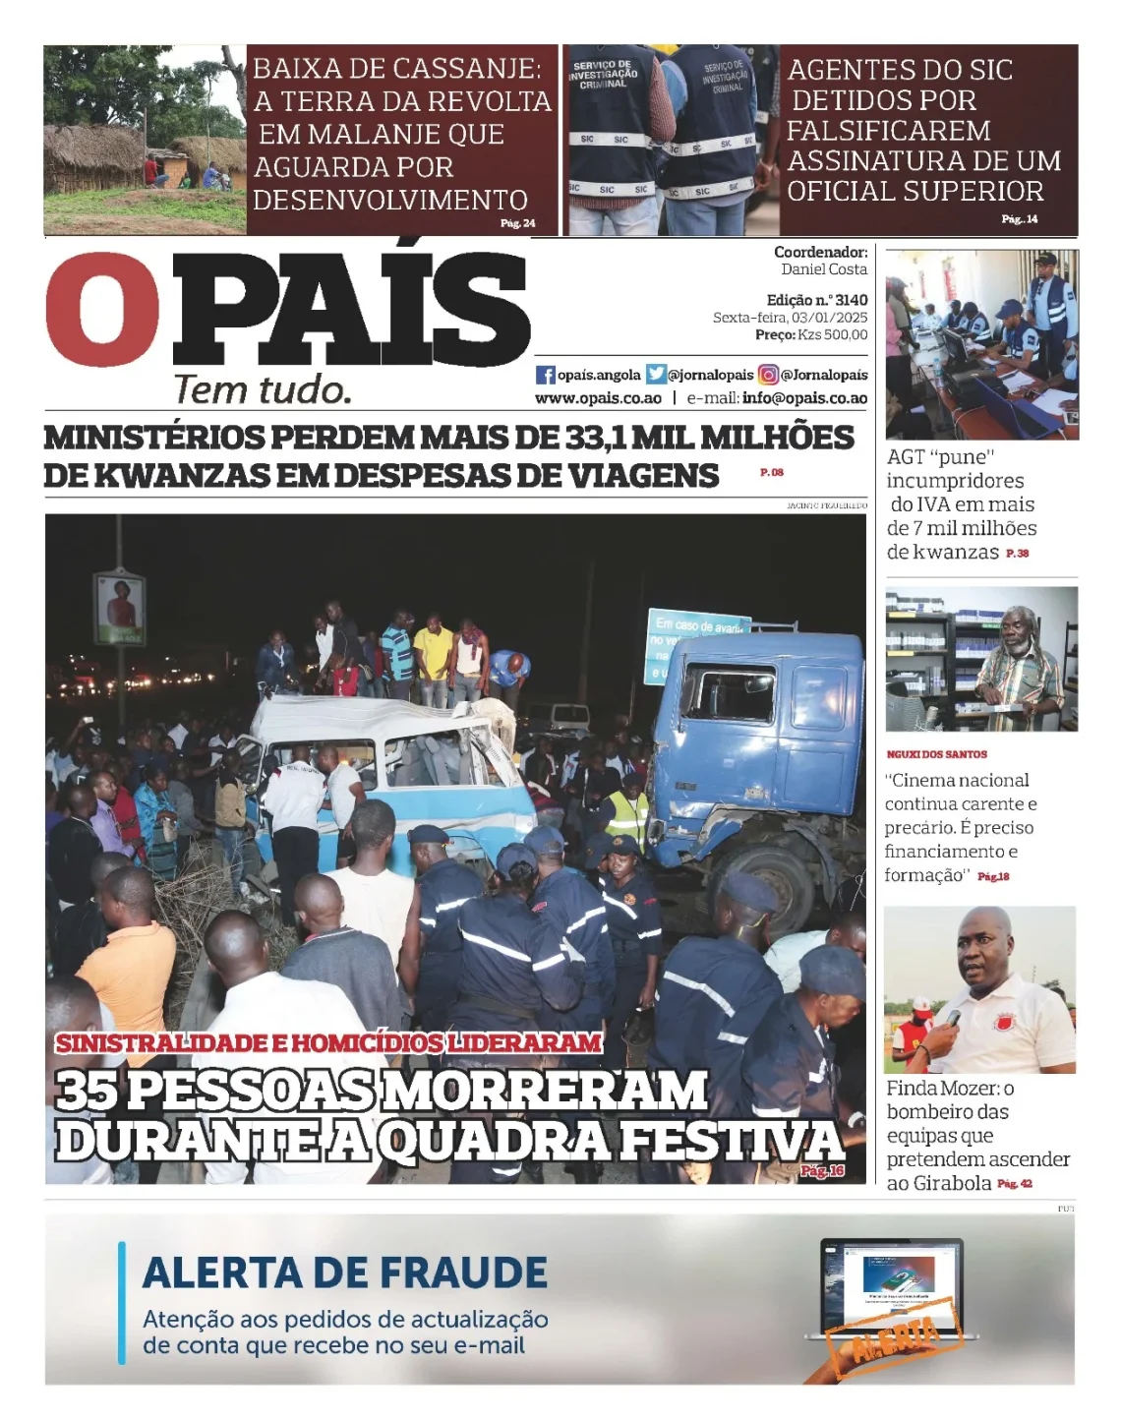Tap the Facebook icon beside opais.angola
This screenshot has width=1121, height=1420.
[x=545, y=375]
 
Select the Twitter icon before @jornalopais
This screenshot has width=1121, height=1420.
[x=656, y=375]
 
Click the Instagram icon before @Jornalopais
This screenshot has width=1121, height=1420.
[x=768, y=375]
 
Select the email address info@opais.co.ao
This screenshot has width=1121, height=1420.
[x=804, y=398]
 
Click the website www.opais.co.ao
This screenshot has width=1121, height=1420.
[x=598, y=398]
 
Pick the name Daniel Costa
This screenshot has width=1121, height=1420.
[x=824, y=269]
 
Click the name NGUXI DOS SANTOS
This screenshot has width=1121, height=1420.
[x=936, y=754]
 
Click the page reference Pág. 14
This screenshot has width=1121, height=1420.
[x=1020, y=219]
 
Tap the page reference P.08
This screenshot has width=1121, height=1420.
[x=772, y=473]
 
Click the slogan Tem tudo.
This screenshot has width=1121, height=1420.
[x=263, y=390]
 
